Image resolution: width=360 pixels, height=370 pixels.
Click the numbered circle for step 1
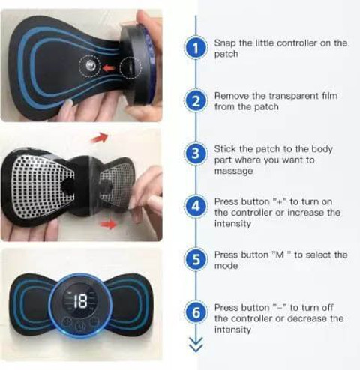coord(196,49)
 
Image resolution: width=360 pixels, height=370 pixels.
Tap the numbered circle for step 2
coord(196,102)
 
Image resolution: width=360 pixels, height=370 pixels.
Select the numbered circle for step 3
coord(196,155)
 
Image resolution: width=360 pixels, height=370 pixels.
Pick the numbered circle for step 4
coord(196,207)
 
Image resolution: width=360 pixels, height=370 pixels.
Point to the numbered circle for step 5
coord(196,260)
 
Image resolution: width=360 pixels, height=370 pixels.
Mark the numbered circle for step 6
coord(196,313)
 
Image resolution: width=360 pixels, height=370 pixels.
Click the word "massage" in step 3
coord(232,172)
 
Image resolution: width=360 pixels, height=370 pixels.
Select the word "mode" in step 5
coord(226,266)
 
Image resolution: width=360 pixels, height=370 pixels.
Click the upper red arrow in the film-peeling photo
coord(98,139)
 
